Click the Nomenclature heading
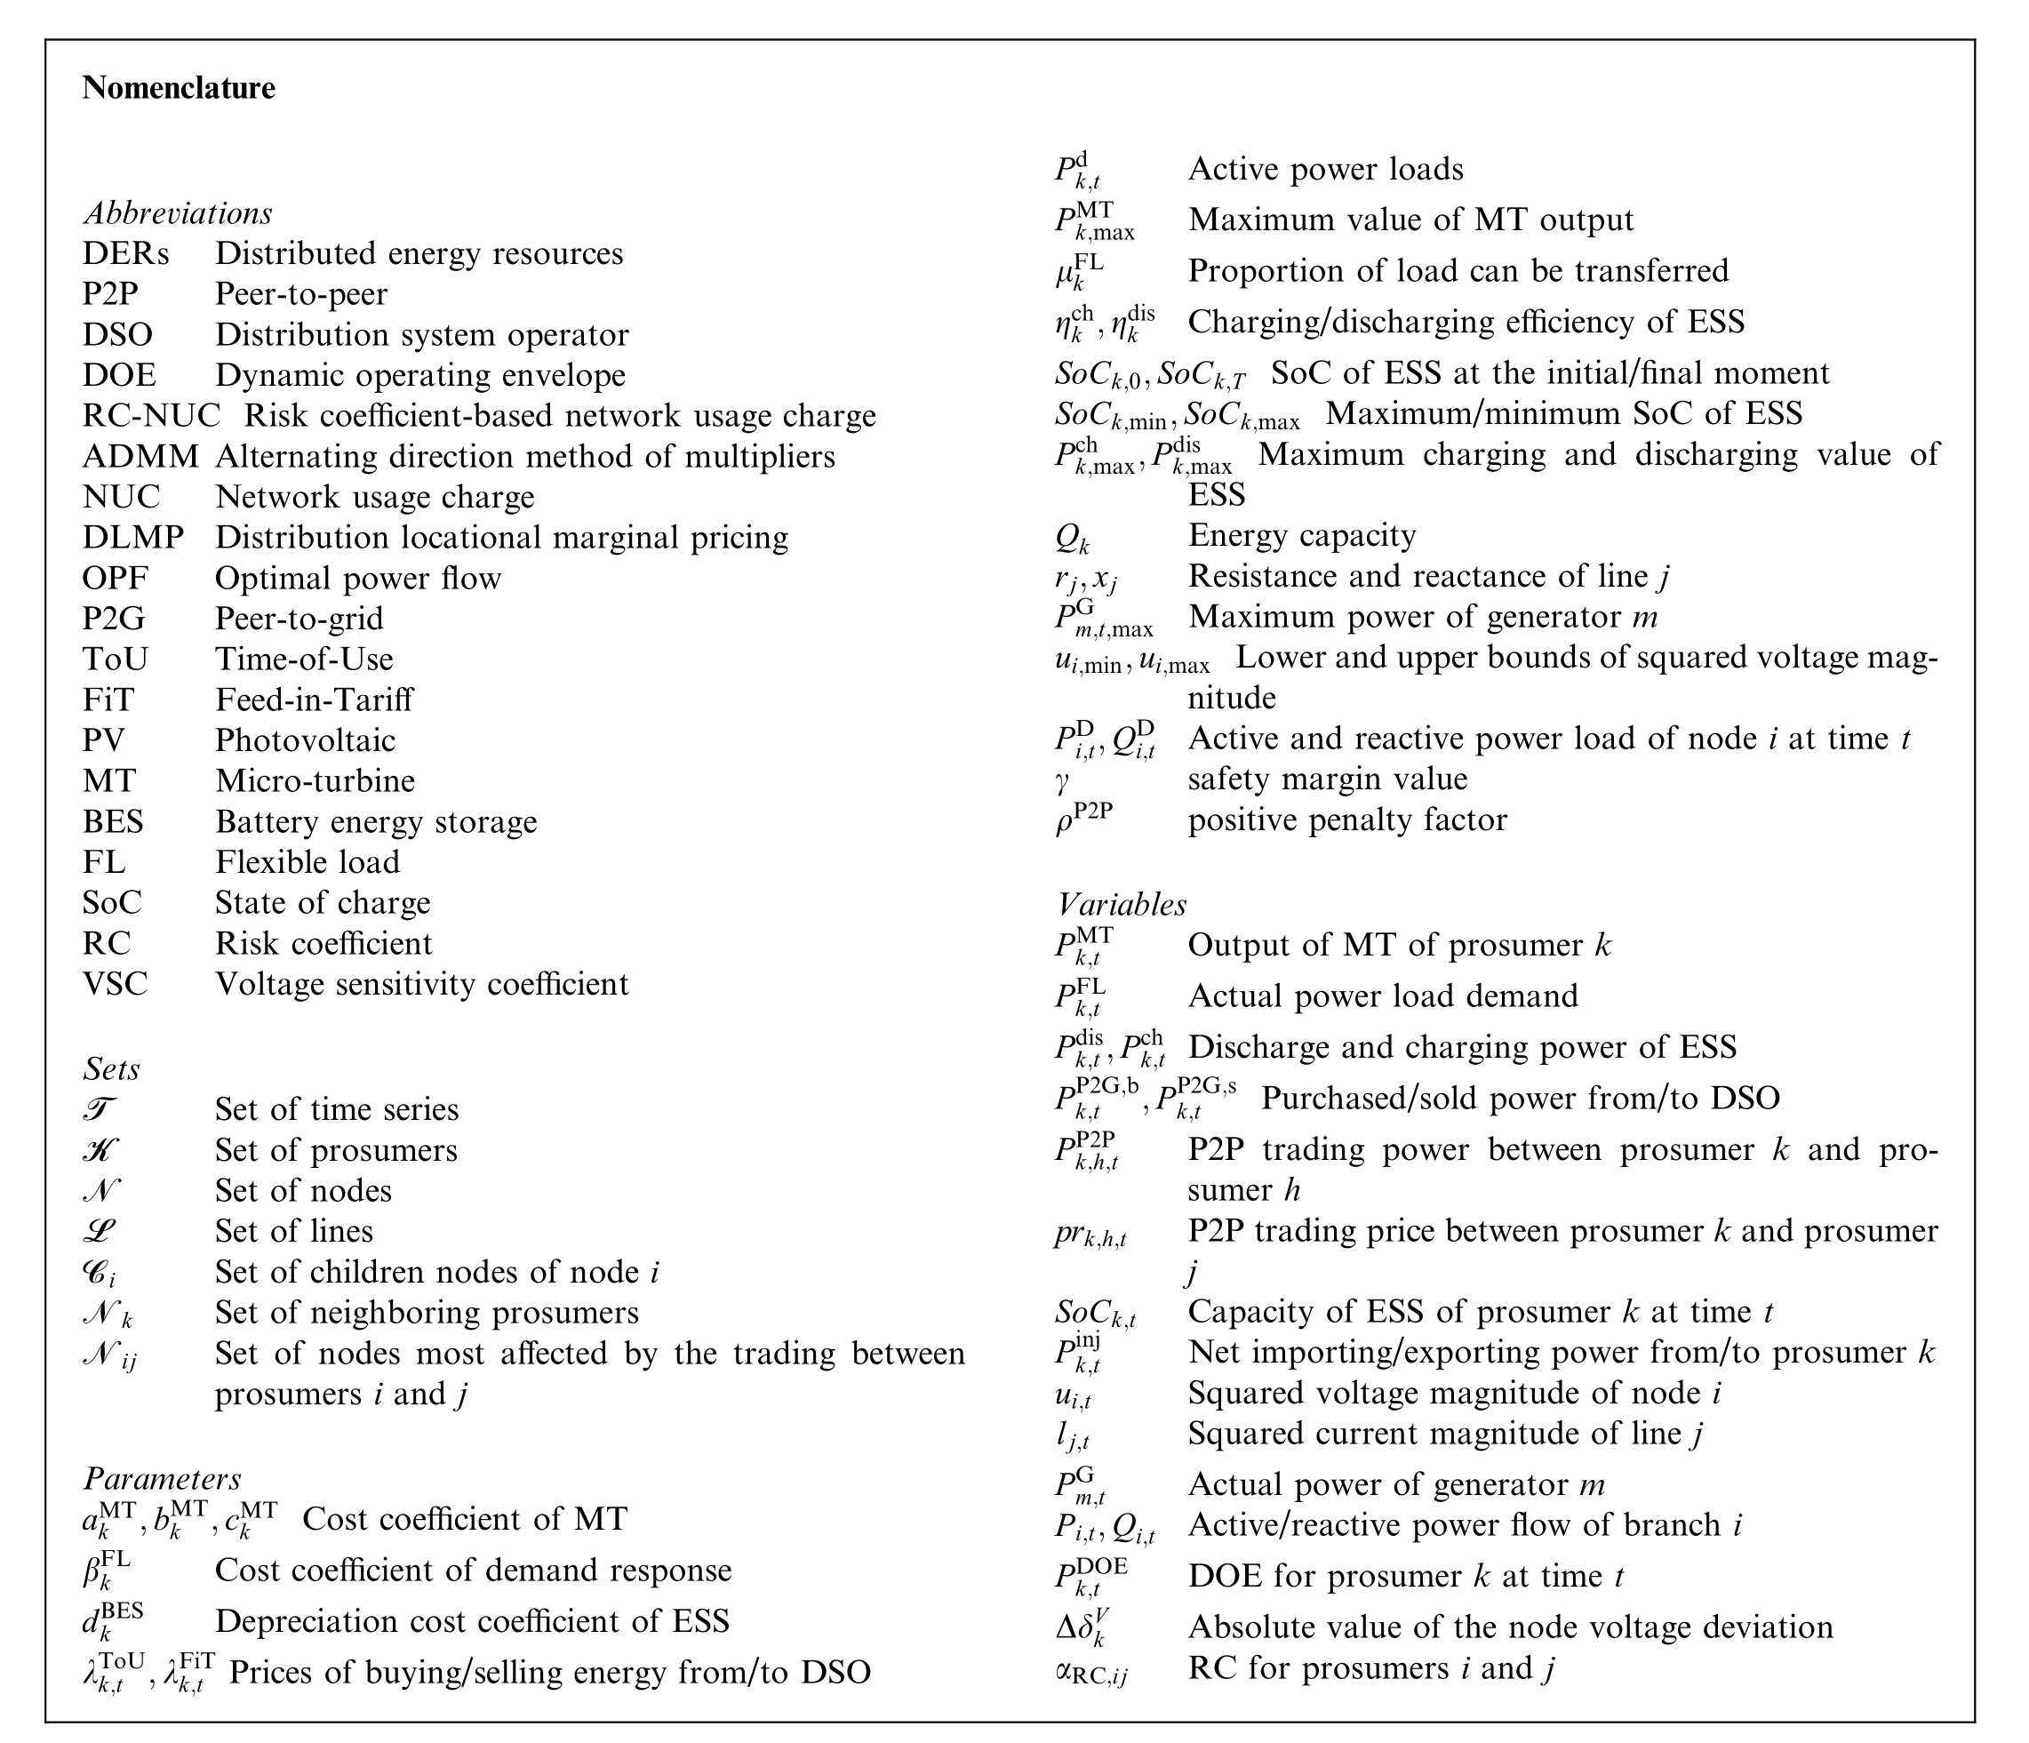pos(179,88)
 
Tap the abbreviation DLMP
pos(133,538)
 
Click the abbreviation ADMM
pos(140,456)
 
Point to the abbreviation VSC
pos(115,983)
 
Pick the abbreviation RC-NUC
pos(151,416)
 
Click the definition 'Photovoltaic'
pos(306,740)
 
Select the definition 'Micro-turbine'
pos(316,780)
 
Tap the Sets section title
pos(112,1068)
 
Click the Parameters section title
pos(162,1479)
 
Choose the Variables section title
pos(1122,904)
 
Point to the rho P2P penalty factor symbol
pos(1083,819)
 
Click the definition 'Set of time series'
pos(337,1109)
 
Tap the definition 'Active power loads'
pos(1326,170)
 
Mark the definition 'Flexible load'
pos(308,861)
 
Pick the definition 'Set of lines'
pos(294,1231)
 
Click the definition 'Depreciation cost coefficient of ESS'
pos(472,1621)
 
